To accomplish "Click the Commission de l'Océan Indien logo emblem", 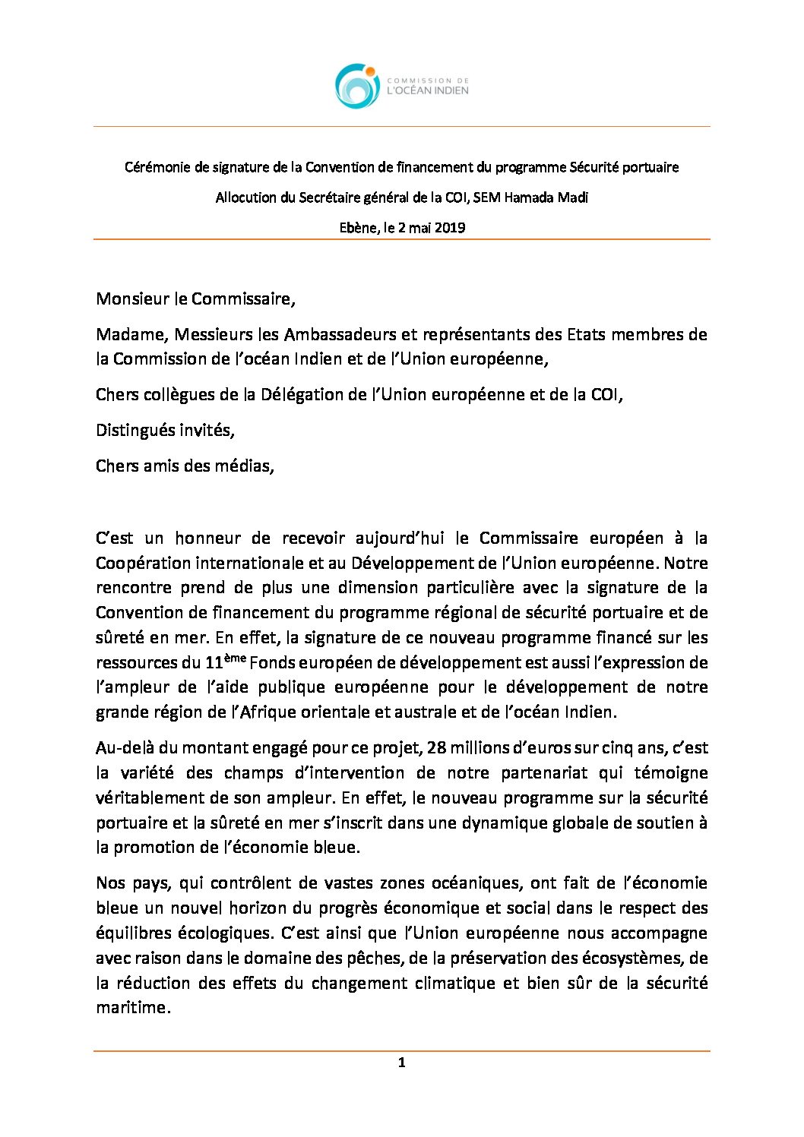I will click(357, 86).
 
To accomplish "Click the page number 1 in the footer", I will click(401, 1063).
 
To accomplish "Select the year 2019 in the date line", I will click(450, 227).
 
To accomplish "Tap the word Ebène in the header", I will click(357, 227).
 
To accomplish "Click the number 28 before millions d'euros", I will click(436, 747).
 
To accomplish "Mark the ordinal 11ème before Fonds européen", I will click(225, 661).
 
